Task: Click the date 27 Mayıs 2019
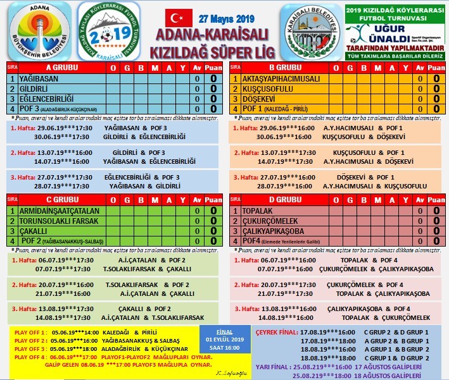click(x=226, y=17)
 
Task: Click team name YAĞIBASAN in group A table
click(x=40, y=79)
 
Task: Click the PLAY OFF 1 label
click(x=30, y=331)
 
